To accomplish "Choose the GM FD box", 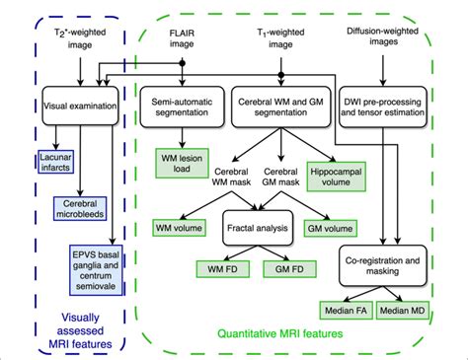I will [287, 267].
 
